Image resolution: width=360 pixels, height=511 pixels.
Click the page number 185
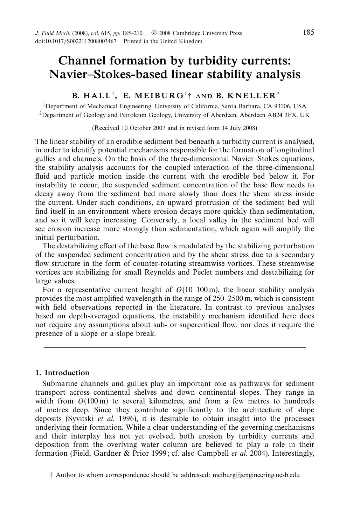coord(308,33)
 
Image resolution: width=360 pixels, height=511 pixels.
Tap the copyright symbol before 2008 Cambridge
coord(154,33)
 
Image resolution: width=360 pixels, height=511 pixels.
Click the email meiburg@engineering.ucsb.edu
coord(256,475)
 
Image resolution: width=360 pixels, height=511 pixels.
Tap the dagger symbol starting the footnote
coord(51,475)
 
